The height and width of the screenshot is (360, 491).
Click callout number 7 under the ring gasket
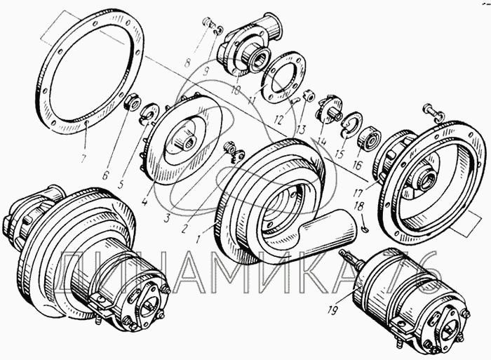pyautogui.click(x=83, y=159)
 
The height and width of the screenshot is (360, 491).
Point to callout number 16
pyautogui.click(x=357, y=165)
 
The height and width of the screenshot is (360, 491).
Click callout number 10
pyautogui.click(x=235, y=91)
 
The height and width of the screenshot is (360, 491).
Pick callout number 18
pyautogui.click(x=359, y=206)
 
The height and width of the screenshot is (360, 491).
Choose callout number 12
pyautogui.click(x=278, y=120)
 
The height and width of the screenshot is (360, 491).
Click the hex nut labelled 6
pyautogui.click(x=132, y=102)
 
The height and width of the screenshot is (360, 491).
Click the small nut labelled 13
pyautogui.click(x=309, y=96)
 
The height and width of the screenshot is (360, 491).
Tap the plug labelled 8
pyautogui.click(x=207, y=22)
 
